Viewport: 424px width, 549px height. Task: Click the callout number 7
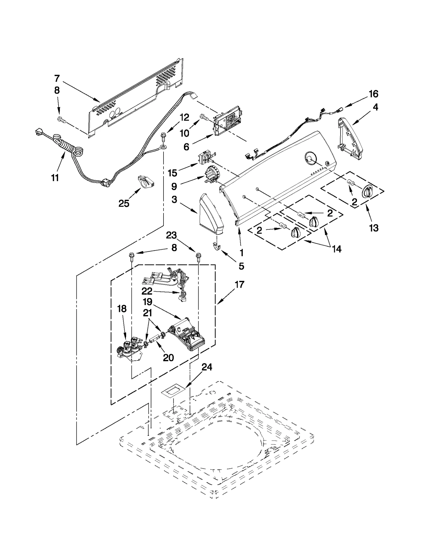(x=57, y=79)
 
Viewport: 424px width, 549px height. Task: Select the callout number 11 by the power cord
(x=55, y=178)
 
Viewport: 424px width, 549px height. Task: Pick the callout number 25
(x=124, y=203)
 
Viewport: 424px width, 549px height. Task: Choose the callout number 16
(x=373, y=94)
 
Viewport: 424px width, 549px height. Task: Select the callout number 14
(x=337, y=249)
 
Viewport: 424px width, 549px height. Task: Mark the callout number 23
(x=171, y=235)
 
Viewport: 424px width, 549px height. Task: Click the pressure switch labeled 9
(x=210, y=175)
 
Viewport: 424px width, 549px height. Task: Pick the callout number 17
(x=239, y=285)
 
